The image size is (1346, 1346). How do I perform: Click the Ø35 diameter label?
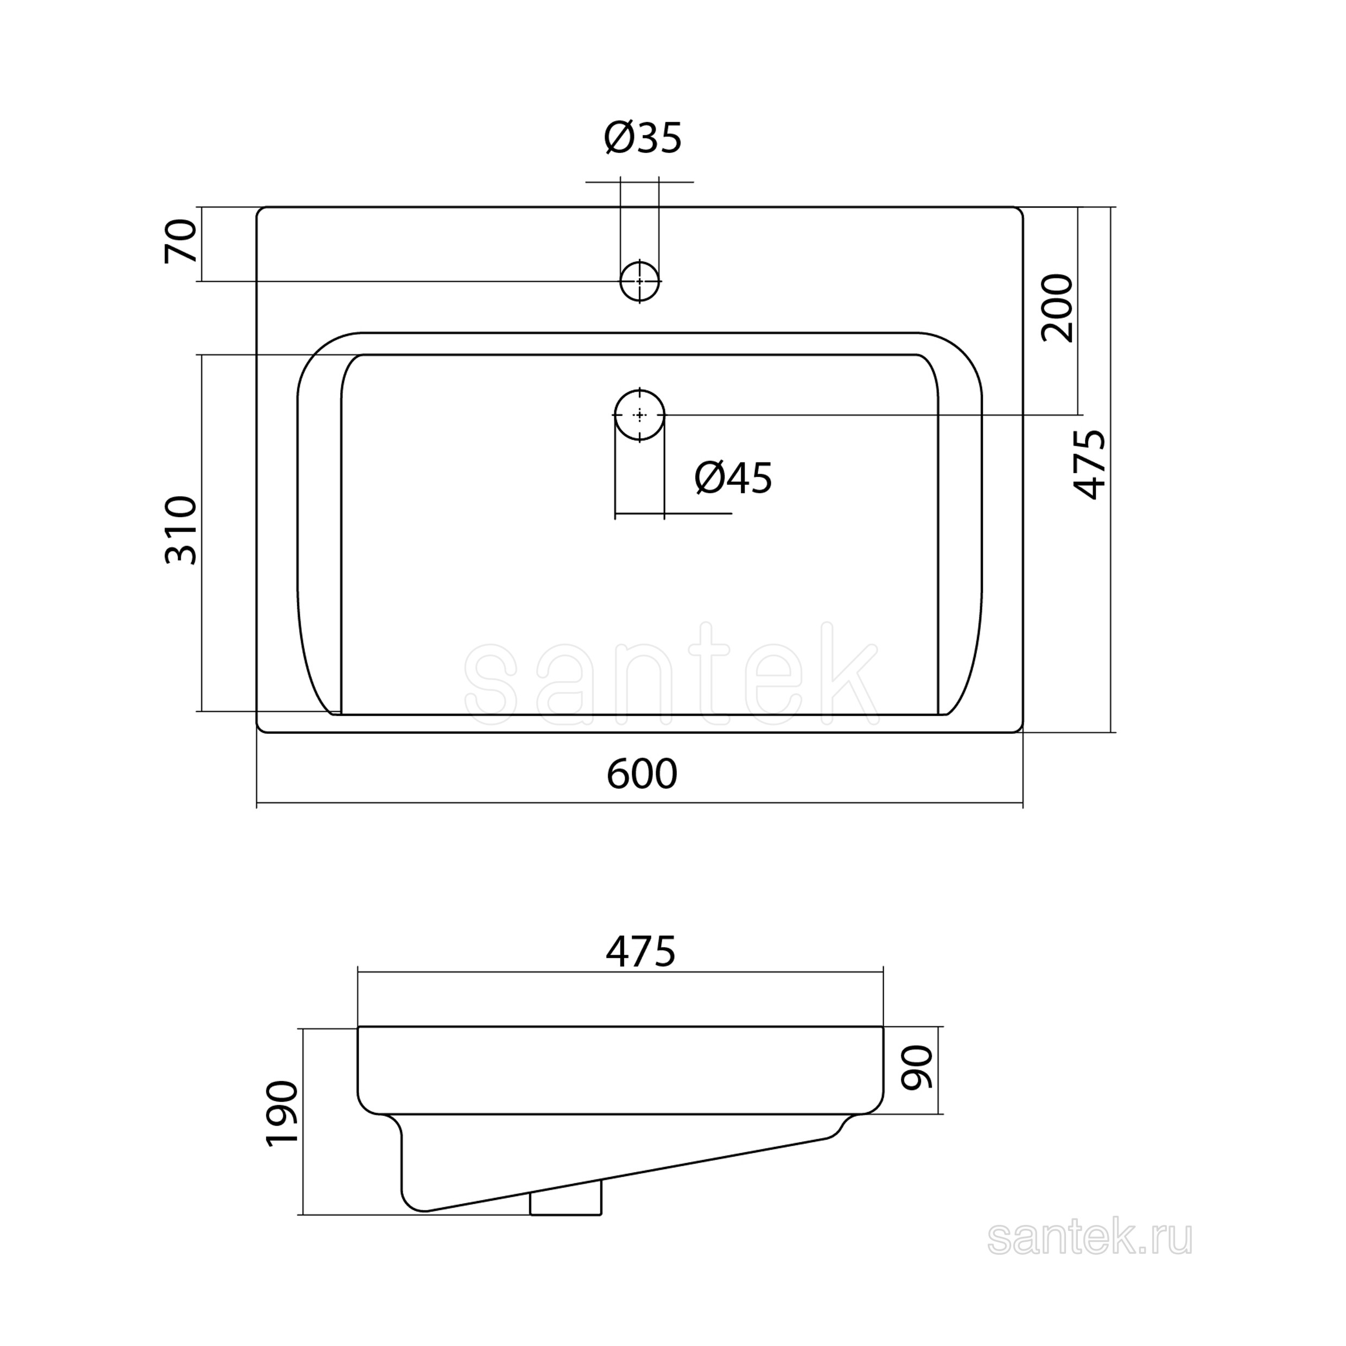pyautogui.click(x=643, y=137)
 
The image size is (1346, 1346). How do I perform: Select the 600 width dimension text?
pyautogui.click(x=642, y=774)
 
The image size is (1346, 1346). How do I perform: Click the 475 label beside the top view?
pyautogui.click(x=1089, y=464)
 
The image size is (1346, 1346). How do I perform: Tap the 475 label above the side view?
pyautogui.click(x=640, y=951)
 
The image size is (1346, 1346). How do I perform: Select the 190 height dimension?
pyautogui.click(x=282, y=1113)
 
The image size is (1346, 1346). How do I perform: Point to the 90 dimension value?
pyautogui.click(x=916, y=1068)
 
